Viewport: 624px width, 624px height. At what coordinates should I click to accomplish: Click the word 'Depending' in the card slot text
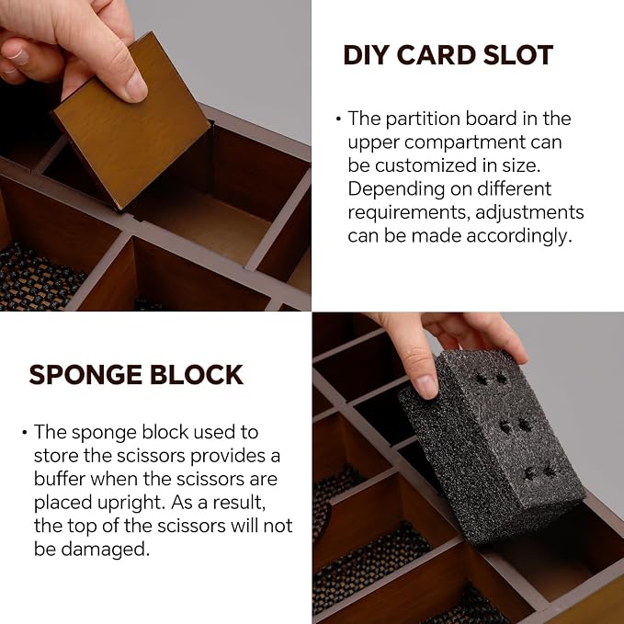396,189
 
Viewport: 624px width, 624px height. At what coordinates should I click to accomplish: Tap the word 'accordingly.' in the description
519,236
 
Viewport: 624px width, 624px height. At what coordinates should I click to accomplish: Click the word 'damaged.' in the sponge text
106,550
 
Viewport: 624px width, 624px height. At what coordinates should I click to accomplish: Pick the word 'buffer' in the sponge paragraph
60,479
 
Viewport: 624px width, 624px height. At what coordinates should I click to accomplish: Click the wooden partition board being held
131,123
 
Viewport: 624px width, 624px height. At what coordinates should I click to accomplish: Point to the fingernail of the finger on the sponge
425,386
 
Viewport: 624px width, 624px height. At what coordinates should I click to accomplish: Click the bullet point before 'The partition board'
338,119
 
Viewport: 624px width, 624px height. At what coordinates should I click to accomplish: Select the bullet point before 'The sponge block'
25,432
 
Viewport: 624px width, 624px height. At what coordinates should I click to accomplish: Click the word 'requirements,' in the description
409,213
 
